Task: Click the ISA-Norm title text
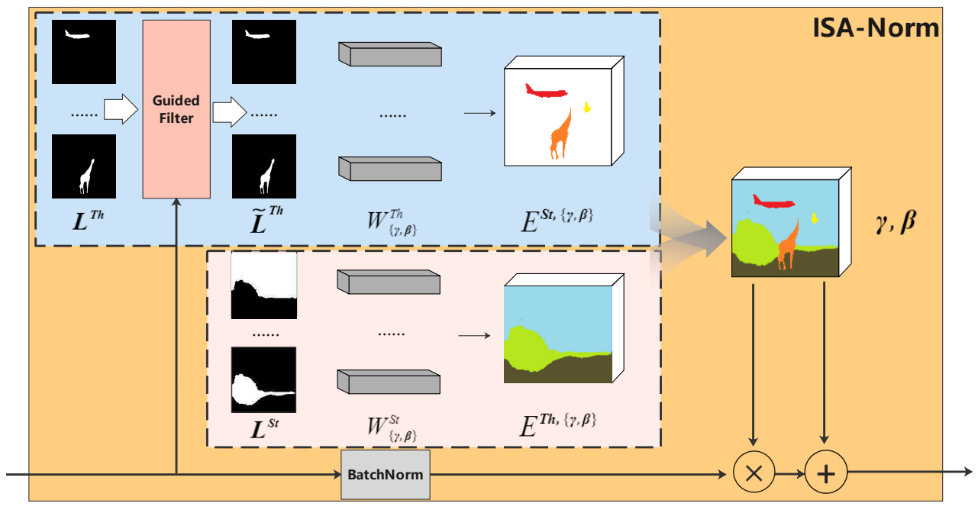876,28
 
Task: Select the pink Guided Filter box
176,109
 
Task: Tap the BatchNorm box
386,473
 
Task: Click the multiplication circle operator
754,473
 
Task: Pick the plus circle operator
825,473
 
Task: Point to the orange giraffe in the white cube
561,134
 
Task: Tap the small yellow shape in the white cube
586,108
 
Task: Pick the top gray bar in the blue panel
389,54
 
